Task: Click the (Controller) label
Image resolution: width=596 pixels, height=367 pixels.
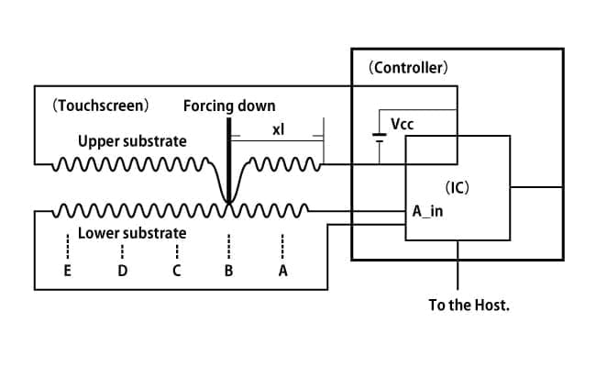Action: [408, 68]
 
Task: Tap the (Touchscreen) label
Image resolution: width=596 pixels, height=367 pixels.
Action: [100, 106]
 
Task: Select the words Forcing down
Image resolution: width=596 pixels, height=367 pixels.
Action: [229, 106]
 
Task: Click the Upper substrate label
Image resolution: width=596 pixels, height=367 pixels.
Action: [132, 141]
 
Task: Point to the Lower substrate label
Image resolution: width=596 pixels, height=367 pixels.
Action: [132, 233]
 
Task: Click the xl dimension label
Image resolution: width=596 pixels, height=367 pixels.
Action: [278, 129]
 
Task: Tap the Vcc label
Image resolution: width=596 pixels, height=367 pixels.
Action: [403, 125]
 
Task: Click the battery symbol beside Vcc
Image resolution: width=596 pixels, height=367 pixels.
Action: [379, 138]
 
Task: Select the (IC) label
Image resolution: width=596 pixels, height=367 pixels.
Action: [457, 187]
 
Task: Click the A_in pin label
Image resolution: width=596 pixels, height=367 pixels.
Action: [427, 211]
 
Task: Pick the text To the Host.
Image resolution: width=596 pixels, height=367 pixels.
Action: [469, 305]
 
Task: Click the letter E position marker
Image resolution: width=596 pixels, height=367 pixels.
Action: [67, 271]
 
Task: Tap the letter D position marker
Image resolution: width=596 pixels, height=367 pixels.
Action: [122, 271]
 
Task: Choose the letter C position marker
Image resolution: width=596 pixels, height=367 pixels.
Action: [176, 271]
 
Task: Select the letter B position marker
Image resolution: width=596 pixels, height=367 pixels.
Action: [228, 271]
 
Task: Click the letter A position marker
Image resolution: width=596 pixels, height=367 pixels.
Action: [282, 271]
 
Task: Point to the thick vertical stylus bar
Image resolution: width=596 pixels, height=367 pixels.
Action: [229, 160]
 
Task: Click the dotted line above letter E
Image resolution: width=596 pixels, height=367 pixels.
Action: [68, 247]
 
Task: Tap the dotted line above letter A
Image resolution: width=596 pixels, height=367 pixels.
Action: [282, 247]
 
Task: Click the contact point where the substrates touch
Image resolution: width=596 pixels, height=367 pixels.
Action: [229, 204]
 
